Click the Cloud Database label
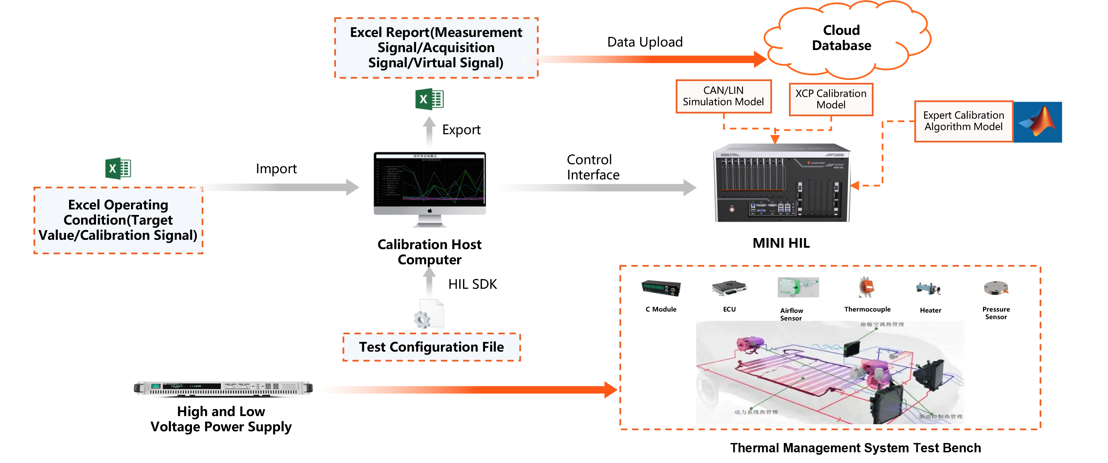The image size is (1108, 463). tap(841, 38)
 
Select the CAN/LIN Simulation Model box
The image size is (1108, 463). tap(723, 96)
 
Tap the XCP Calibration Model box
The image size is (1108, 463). tap(831, 99)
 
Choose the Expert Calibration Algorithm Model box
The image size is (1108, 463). tap(963, 121)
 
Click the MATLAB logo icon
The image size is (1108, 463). tap(1038, 122)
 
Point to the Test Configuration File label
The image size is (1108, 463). tap(431, 347)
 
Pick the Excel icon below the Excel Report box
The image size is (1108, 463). tap(429, 99)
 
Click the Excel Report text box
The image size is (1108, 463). tap(436, 48)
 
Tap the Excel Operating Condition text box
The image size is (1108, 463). tap(118, 220)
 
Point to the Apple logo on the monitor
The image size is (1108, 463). tap(429, 211)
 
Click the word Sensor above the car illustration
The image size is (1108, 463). tap(791, 318)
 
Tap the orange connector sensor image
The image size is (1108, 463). tap(867, 287)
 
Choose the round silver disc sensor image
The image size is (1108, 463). tap(996, 288)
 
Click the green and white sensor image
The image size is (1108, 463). tap(798, 287)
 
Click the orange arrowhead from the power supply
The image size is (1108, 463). tap(611, 390)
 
